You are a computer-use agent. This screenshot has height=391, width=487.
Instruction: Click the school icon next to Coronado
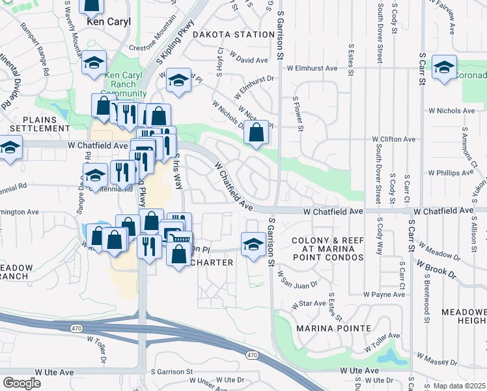click(x=445, y=67)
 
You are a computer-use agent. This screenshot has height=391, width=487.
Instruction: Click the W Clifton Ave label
click(x=393, y=139)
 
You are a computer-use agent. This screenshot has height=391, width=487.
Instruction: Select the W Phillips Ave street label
click(x=451, y=173)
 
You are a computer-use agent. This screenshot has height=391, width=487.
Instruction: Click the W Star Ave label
click(x=309, y=304)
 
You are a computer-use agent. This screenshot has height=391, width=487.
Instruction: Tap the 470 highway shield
click(x=252, y=355)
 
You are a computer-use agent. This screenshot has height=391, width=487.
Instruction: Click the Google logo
click(x=21, y=383)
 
